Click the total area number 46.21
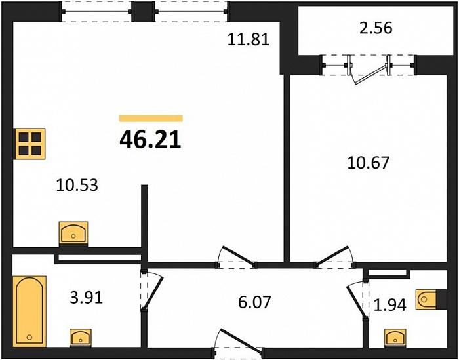tap(150, 139)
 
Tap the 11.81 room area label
tap(249, 39)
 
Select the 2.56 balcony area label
tap(376, 28)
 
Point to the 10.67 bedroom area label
tap(369, 163)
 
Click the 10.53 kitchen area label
tap(77, 185)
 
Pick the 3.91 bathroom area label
tap(87, 298)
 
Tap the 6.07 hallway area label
tap(254, 302)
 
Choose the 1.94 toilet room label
tap(390, 305)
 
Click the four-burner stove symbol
tap(30, 144)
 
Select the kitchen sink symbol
tap(73, 233)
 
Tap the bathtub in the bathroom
tap(30, 311)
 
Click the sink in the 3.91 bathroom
tap(81, 338)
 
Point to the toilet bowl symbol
tap(426, 299)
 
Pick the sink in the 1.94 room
tap(395, 338)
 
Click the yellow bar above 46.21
tap(151, 118)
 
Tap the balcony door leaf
tap(370, 75)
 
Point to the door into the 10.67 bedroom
tap(334, 256)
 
